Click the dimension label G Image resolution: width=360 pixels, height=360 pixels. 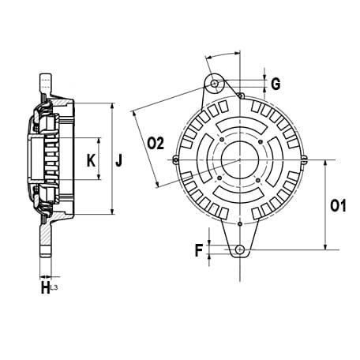tap(276, 84)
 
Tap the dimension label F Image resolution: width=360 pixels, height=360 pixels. tap(199, 250)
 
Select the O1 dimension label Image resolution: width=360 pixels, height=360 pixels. tap(338, 205)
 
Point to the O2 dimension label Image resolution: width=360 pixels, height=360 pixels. tap(156, 144)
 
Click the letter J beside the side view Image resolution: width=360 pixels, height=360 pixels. tap(119, 160)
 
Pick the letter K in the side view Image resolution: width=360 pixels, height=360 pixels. tap(91, 160)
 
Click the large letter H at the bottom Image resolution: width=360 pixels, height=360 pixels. tap(45, 287)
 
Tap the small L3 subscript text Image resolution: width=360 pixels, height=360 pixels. tap(54, 288)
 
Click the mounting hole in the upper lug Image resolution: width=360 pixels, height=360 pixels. tap(214, 84)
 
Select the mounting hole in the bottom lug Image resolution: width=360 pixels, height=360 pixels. tap(240, 249)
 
